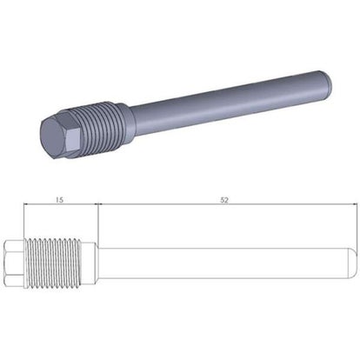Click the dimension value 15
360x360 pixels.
click(x=59, y=200)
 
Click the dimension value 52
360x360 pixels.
click(x=224, y=200)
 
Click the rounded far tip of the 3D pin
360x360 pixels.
click(x=328, y=79)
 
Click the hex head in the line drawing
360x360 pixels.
click(x=14, y=263)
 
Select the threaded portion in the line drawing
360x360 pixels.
click(x=53, y=263)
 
